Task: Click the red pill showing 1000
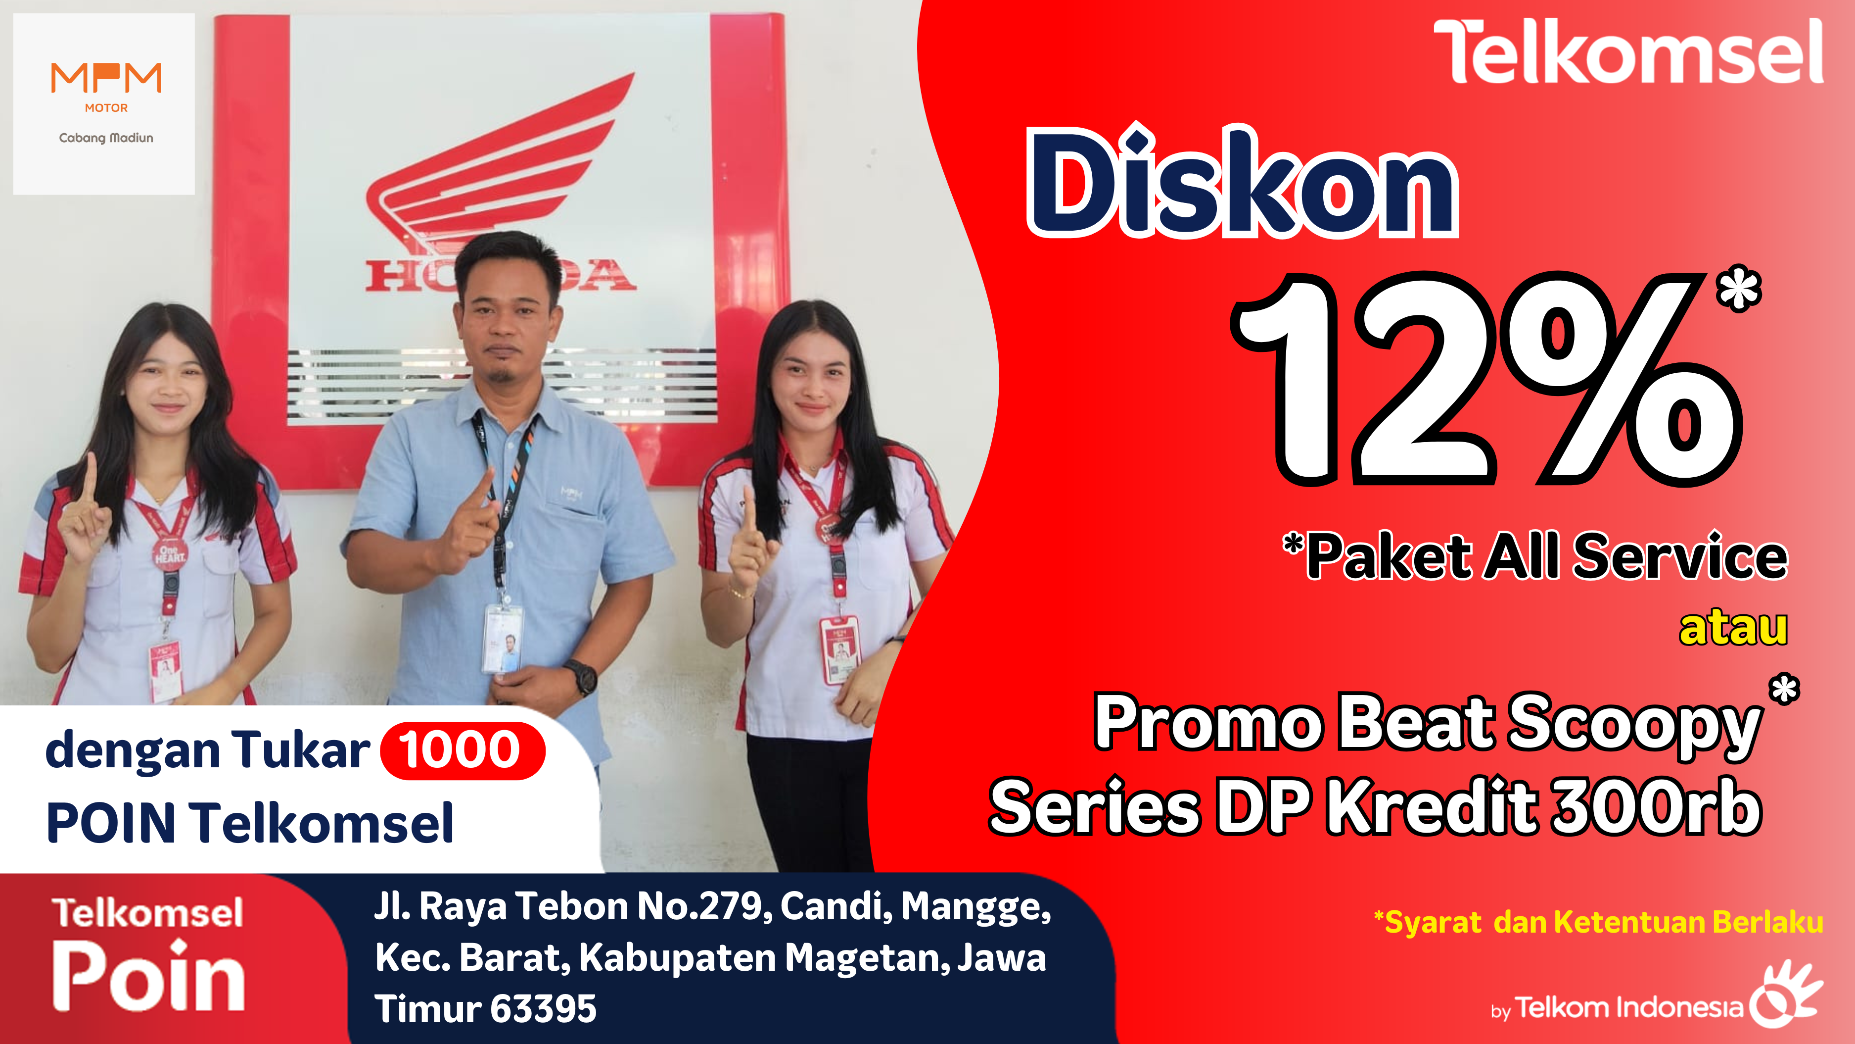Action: [462, 750]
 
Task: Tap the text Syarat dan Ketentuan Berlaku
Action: [1599, 922]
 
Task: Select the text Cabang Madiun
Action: [106, 138]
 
